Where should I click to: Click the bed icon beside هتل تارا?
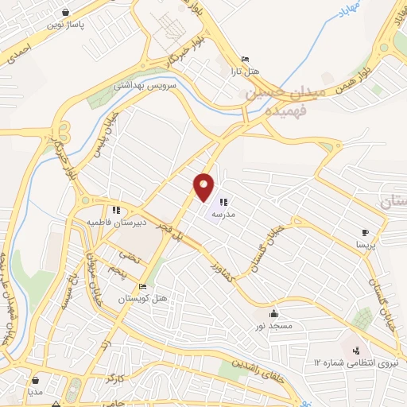[245, 59]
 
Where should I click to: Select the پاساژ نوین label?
[65, 25]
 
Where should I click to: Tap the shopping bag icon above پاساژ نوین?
[64, 12]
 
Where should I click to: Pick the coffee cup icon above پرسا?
[365, 232]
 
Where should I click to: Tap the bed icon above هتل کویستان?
[142, 287]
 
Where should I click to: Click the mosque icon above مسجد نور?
[274, 312]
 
